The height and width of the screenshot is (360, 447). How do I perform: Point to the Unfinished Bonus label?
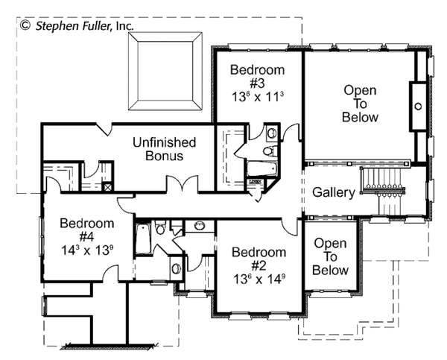(x=164, y=149)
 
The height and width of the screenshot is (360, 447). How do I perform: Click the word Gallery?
(x=333, y=192)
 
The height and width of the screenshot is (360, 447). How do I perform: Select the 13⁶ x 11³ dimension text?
(x=258, y=97)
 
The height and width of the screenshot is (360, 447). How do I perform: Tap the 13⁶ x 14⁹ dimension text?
(x=258, y=278)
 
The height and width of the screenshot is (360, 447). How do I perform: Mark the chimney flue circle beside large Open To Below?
(x=418, y=106)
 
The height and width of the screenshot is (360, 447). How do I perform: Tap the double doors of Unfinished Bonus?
(x=183, y=183)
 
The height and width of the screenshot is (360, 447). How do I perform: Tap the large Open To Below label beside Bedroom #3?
(x=360, y=104)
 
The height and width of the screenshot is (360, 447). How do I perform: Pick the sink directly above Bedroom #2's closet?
(x=200, y=225)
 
